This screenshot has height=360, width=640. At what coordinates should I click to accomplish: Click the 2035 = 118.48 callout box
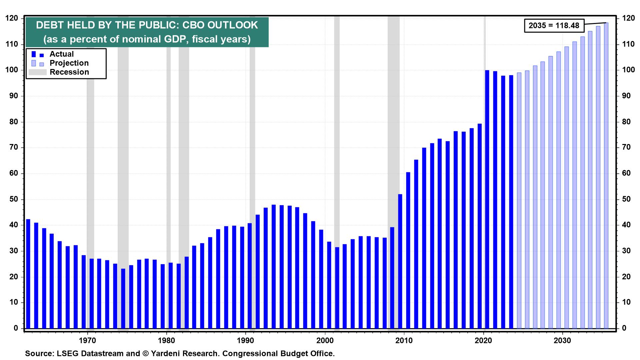click(x=554, y=25)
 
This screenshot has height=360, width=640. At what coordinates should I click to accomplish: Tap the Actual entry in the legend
click(x=62, y=54)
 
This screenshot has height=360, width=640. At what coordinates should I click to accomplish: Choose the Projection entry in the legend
click(x=69, y=63)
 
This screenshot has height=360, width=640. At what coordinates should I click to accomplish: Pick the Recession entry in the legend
click(x=69, y=72)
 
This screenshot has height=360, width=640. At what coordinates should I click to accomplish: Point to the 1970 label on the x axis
click(x=87, y=340)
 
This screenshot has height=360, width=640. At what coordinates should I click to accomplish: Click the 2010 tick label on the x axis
click(x=404, y=340)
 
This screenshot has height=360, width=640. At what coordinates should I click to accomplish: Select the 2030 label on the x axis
click(x=562, y=340)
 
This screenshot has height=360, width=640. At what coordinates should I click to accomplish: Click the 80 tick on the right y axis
click(x=626, y=122)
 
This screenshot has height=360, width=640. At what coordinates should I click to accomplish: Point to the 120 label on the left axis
click(x=12, y=19)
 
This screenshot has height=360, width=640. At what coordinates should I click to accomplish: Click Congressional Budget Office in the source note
click(x=278, y=353)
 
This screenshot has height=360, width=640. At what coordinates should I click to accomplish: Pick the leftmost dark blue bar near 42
click(x=28, y=273)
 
